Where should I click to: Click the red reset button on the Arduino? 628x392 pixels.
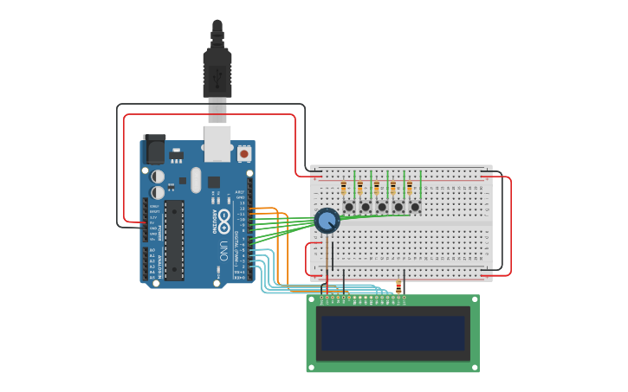coord(244,154)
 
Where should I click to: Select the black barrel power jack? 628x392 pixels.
coord(154,149)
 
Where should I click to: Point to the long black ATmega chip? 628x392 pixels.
coord(174,240)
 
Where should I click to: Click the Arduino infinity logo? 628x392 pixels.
coord(223,215)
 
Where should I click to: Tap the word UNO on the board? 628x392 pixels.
coord(223,251)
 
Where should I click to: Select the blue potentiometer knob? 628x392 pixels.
coord(327,221)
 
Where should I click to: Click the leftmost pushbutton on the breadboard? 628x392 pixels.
coord(349,207)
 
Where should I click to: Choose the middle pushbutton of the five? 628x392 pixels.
coord(382,207)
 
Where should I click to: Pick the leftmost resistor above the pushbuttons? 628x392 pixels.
coord(344,188)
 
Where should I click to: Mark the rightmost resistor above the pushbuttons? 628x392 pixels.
coord(409,188)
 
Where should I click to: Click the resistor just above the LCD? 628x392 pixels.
coord(398,286)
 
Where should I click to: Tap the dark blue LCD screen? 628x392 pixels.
coord(392,333)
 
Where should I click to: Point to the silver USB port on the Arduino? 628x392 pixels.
coord(217,144)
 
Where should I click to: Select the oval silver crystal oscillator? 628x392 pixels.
coord(196,179)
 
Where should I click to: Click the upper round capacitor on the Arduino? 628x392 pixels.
coord(158,176)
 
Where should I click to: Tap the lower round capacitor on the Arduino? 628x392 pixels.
coord(158,192)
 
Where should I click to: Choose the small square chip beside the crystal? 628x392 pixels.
coord(213,182)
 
